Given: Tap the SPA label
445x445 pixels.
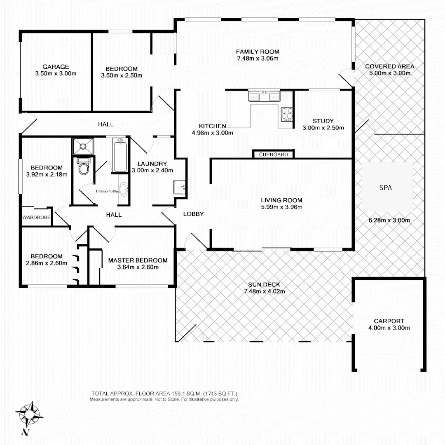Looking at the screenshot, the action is (385, 187).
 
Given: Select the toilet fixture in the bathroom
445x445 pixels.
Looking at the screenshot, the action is (84, 166).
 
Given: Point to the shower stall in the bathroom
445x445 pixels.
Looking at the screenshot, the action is (83, 146).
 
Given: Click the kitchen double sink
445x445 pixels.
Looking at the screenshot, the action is (264, 96).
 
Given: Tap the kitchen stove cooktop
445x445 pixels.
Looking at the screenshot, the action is (287, 113).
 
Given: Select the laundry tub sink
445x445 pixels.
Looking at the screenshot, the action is (179, 187).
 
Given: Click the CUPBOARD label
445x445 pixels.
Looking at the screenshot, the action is (273, 155).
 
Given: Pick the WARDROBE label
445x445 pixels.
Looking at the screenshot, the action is (36, 217).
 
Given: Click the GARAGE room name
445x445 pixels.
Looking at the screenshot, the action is (56, 67).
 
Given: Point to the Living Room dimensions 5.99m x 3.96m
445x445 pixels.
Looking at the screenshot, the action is (281, 207).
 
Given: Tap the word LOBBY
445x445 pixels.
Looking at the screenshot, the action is (193, 214).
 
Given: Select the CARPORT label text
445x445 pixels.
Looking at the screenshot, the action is (389, 321).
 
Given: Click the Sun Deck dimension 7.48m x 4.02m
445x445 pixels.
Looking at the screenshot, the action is (264, 291).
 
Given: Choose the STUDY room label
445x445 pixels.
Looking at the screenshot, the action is (323, 121).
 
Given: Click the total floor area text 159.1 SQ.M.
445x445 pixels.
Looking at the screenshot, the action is (164, 393).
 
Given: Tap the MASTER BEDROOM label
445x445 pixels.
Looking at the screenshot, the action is (138, 260).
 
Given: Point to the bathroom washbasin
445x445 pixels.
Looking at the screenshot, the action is (123, 190).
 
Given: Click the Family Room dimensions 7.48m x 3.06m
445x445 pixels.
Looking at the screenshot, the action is (258, 59).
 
